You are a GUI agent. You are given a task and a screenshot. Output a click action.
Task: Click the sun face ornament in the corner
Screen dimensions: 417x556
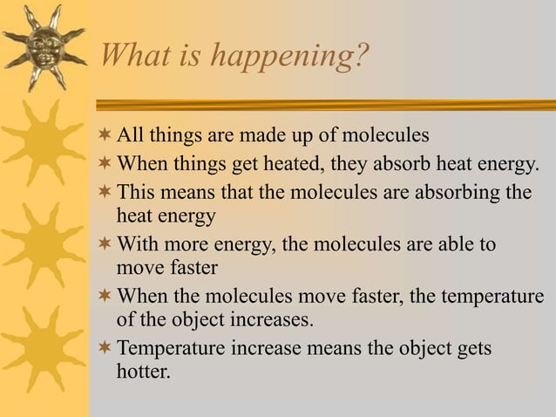point(43,45)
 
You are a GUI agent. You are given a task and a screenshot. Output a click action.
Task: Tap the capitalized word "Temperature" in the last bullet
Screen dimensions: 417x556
point(171,349)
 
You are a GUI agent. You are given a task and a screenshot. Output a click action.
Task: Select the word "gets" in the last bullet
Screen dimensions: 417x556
point(472,350)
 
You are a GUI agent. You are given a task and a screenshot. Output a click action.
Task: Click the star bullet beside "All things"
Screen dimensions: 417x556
point(105,136)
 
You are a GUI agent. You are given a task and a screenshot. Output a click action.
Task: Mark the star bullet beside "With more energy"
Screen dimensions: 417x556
point(105,244)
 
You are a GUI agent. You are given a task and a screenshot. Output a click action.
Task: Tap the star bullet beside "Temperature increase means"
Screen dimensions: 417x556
point(105,349)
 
